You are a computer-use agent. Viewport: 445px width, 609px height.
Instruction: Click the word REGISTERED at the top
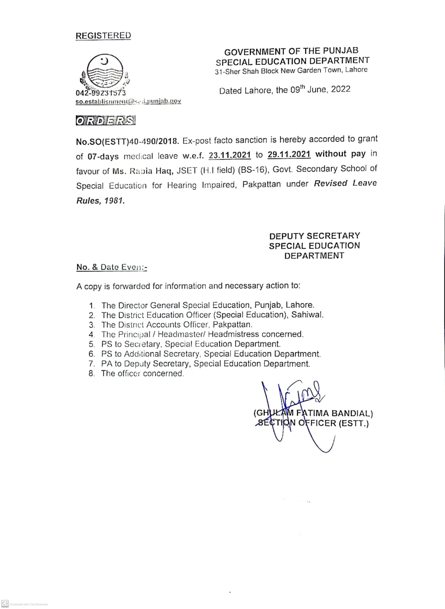tap(103, 36)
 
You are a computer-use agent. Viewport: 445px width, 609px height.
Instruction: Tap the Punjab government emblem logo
tap(104, 72)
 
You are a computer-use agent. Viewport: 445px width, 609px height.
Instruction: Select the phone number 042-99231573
tap(101, 93)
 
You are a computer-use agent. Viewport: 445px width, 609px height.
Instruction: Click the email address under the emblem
tap(128, 101)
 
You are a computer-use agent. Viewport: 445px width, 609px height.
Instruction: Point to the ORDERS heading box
tap(106, 121)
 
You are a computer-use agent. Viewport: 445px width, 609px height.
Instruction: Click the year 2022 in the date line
tap(341, 89)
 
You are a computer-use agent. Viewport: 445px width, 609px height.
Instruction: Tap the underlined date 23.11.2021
tap(230, 155)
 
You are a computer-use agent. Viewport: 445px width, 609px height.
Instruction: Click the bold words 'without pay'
tap(336, 154)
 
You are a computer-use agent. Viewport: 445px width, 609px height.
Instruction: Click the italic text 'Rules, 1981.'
tap(100, 200)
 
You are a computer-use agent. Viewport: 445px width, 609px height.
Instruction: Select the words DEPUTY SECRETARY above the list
tap(315, 236)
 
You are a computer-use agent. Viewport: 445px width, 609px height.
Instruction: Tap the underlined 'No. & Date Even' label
tap(111, 267)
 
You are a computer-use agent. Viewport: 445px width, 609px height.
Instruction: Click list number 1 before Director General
tap(92, 306)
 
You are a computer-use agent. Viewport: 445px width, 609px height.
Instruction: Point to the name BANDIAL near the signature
tap(352, 414)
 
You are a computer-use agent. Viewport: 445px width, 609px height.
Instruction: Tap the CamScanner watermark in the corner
tap(25, 604)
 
